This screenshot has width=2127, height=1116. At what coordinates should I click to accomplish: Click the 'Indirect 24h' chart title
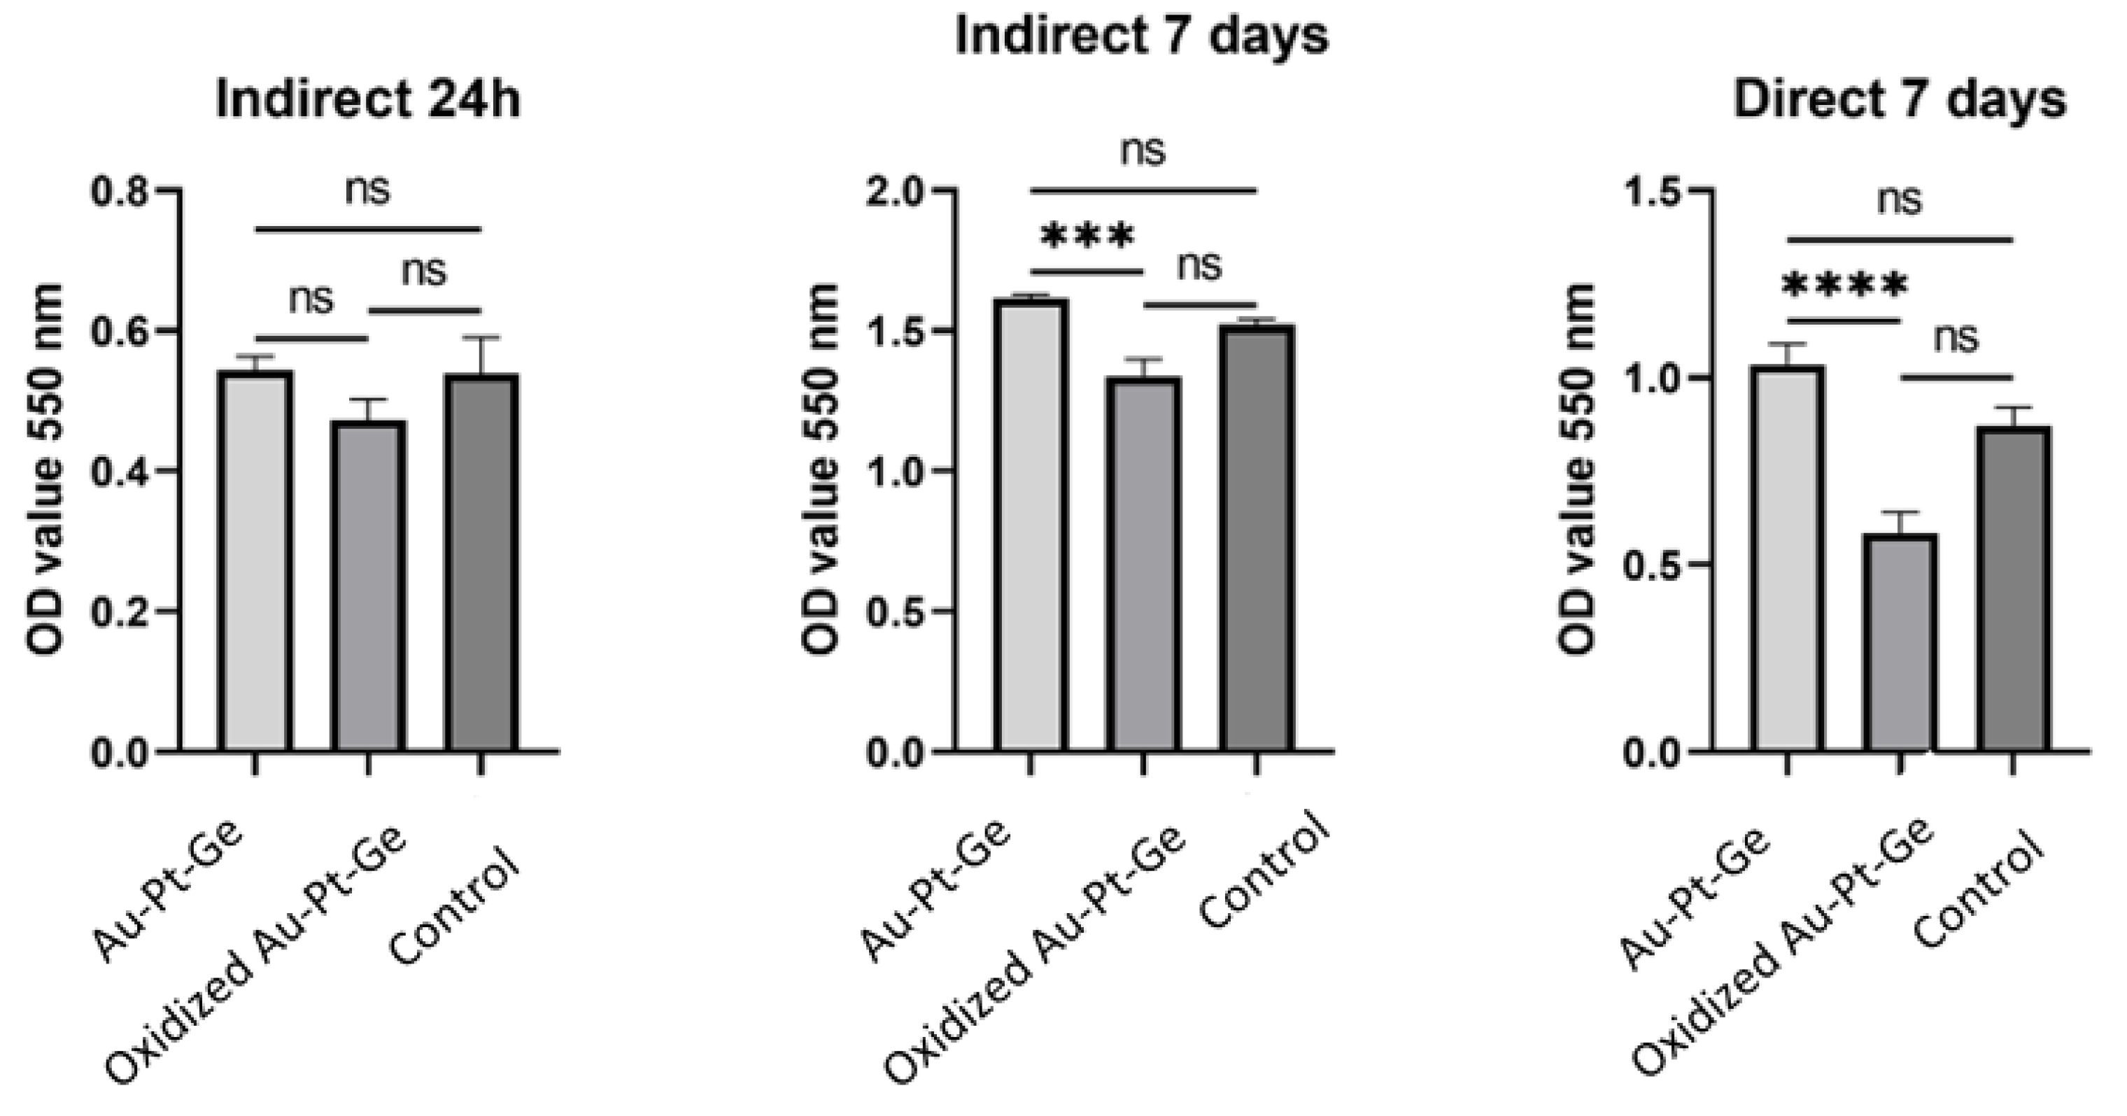[368, 101]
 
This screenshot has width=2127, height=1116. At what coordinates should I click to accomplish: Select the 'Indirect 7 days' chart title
[1141, 36]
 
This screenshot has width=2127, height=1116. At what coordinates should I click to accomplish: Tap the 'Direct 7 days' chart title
[1899, 101]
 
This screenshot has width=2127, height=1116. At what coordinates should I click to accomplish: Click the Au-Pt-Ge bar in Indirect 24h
[255, 561]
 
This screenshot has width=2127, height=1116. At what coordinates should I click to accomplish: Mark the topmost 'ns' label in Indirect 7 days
[1143, 152]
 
